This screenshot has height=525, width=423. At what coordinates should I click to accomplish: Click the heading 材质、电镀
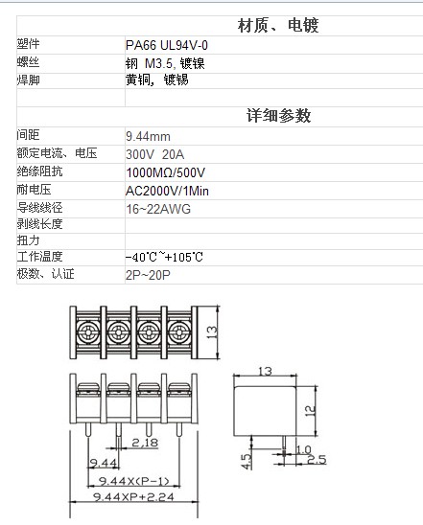pos(278,26)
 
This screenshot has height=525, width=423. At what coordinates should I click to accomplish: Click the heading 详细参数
pos(278,116)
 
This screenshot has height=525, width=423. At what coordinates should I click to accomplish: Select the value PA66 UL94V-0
pos(167,45)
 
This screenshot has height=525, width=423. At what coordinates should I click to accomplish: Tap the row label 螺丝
pos(28,62)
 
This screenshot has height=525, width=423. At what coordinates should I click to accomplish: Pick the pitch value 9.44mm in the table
pos(148,136)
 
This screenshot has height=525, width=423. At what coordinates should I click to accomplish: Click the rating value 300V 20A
pos(154,154)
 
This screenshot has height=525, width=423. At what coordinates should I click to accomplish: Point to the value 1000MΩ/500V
pos(165,172)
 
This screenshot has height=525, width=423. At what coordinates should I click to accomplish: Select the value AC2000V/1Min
pos(167,191)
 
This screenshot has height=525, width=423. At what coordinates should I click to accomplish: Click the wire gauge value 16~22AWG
pos(158,209)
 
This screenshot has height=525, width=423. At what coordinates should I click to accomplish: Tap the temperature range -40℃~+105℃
pos(164,257)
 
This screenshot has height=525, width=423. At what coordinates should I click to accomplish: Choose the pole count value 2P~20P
pos(148,275)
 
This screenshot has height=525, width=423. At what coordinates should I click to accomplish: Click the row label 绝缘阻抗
pos(39,171)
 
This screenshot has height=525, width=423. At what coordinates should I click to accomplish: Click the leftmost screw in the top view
pos(88,332)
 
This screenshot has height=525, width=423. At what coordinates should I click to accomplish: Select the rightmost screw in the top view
pos(179,332)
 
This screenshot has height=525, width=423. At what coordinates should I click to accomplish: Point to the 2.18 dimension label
pos(145,443)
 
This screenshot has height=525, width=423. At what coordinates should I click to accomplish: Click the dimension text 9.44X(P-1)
pos(133,481)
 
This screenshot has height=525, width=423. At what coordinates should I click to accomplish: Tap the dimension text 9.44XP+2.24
pos(133,497)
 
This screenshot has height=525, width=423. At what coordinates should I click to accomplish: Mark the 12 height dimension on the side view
pos(310,410)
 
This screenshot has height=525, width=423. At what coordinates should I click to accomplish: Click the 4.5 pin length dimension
pos(247,462)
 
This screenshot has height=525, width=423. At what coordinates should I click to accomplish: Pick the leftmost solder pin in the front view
pos(88,429)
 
